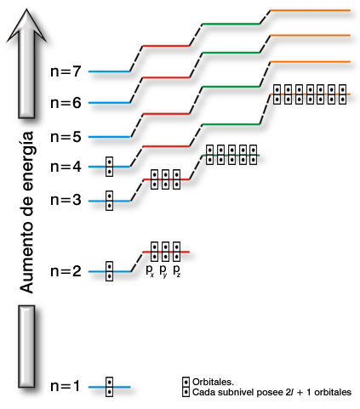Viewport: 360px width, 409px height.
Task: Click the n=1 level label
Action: (x=66, y=386)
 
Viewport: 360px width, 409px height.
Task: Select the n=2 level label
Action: (x=66, y=271)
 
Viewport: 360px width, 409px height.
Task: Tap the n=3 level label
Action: (x=66, y=200)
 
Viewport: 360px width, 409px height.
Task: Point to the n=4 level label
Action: (x=66, y=167)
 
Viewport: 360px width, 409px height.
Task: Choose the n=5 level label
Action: (x=66, y=137)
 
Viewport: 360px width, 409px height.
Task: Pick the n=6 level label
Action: (x=66, y=103)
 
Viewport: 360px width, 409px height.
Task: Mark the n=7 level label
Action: (x=66, y=71)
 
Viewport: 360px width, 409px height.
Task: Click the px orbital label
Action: (x=150, y=270)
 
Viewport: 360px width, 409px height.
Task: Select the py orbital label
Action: (x=163, y=270)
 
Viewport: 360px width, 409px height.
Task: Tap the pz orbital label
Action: (x=176, y=270)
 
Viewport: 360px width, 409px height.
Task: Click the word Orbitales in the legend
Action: (x=213, y=382)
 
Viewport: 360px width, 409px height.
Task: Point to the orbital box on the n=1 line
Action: (x=109, y=387)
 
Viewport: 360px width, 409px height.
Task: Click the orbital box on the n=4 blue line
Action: (x=109, y=167)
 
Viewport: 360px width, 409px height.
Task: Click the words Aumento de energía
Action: (x=27, y=213)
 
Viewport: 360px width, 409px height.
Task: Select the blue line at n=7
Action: (x=109, y=71)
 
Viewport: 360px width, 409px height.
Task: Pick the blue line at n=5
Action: (x=109, y=137)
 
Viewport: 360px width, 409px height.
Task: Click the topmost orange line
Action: (x=311, y=10)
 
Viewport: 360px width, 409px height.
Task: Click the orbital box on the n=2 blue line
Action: (x=109, y=271)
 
